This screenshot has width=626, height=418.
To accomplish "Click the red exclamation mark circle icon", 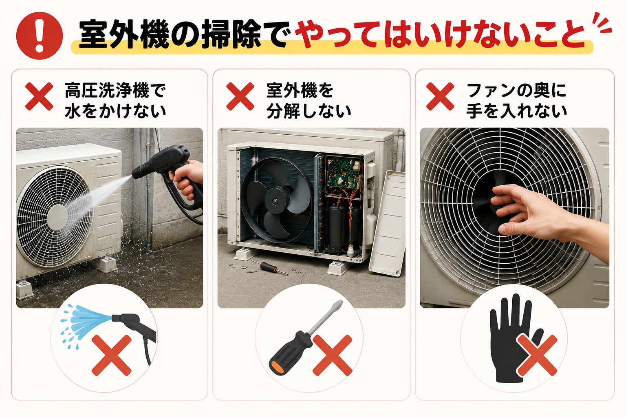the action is click(40, 36).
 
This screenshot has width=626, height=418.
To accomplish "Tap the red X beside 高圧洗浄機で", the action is click(39, 96).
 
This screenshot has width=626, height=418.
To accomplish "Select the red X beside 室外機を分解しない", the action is click(240, 96).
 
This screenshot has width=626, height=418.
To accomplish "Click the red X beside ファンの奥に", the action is click(440, 96).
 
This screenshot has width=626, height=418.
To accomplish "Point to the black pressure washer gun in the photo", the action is click(170, 176).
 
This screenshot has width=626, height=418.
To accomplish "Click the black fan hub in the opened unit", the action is click(275, 201).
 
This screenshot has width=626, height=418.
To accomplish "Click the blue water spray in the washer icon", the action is click(85, 322).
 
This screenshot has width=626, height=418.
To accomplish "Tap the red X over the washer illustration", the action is click(112, 355).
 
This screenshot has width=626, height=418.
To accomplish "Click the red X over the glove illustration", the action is click(537, 355).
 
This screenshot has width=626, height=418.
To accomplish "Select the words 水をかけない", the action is click(115, 111).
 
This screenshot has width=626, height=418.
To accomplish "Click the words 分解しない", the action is click(309, 111).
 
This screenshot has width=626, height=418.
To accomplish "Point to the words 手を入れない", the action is click(517, 111).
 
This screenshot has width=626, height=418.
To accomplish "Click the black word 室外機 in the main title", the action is click(124, 35).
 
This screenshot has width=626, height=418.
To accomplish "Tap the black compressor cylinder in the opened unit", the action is click(337, 228).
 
